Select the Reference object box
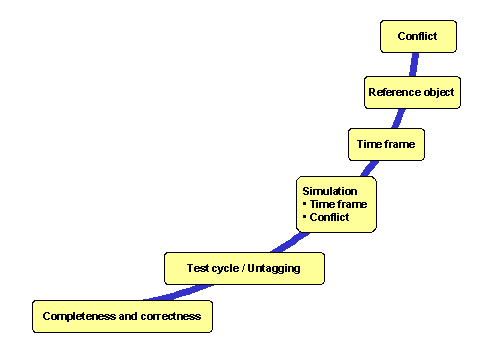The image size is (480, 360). point(411,92)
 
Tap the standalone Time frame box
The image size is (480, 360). point(385,145)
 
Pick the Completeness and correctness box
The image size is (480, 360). point(122,316)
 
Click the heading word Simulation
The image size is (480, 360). point(330,190)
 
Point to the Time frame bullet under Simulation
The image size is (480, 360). point(338,204)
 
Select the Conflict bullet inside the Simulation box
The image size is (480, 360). point(329,217)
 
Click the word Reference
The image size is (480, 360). point(391,92)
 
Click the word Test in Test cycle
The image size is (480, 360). point(197,268)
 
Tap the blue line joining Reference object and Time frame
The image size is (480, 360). point(401,118)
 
